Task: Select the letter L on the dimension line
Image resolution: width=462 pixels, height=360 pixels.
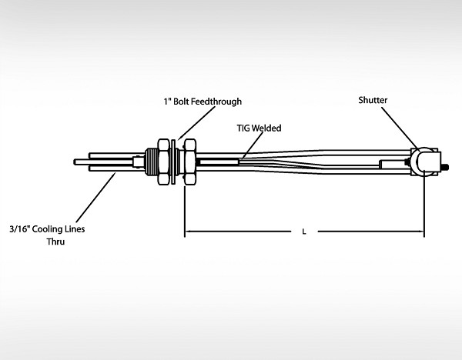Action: click(304, 230)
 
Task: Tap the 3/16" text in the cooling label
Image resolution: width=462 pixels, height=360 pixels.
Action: click(22, 228)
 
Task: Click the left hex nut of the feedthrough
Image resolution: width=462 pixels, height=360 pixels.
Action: click(162, 162)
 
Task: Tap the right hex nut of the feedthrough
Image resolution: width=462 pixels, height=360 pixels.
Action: click(189, 162)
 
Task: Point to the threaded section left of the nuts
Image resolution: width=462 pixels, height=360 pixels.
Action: click(149, 162)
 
